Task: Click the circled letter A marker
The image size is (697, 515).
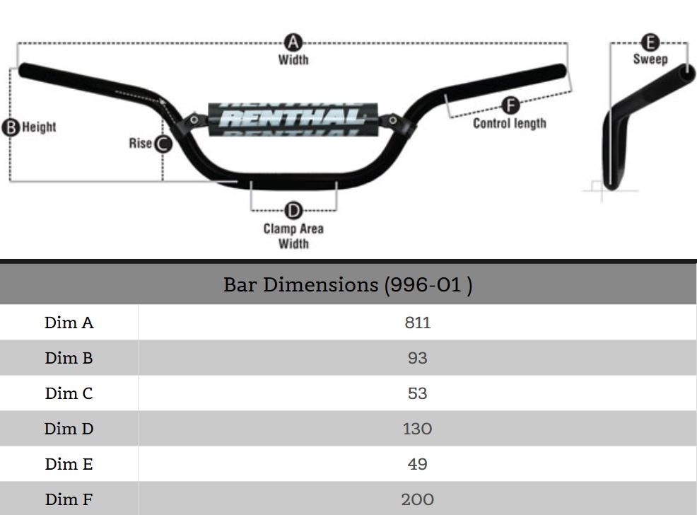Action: tap(293, 41)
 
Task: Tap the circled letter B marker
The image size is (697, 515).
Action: tap(11, 127)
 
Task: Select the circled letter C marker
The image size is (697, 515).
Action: tap(163, 144)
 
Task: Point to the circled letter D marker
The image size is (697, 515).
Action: tap(293, 210)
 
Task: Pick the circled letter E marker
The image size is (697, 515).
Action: tap(650, 42)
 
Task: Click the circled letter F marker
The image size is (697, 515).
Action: tap(510, 106)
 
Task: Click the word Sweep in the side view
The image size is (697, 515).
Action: tap(650, 59)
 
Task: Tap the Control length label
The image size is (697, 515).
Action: tap(509, 123)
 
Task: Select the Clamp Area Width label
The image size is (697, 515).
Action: tap(293, 236)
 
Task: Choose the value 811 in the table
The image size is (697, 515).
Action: tap(417, 323)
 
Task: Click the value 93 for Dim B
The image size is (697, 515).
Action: tap(417, 358)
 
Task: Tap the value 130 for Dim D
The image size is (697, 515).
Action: tap(417, 429)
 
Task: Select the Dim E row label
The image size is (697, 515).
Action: tap(69, 464)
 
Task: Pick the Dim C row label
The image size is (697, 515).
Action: tap(69, 393)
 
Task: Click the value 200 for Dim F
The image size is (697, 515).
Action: tap(417, 499)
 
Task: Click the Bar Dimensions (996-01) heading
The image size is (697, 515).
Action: tap(348, 284)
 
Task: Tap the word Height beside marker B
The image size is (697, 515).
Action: tap(39, 127)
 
